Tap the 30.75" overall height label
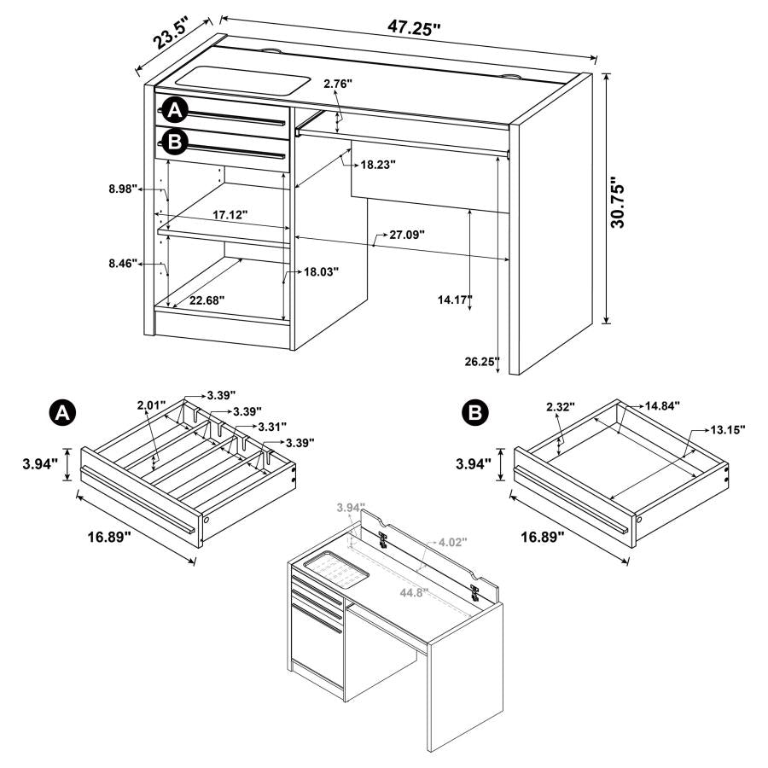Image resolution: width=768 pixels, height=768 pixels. click(620, 202)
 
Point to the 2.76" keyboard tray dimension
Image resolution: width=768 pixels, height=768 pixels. click(338, 84)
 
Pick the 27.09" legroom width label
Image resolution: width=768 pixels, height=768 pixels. click(399, 233)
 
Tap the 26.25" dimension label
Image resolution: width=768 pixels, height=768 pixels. click(482, 361)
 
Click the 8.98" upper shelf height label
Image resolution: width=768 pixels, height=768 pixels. click(123, 190)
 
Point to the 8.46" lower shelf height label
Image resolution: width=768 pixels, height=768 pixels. click(123, 265)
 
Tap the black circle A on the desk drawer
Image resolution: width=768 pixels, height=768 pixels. click(174, 110)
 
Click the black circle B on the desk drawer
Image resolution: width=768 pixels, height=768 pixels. click(174, 142)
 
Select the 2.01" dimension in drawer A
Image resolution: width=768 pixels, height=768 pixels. click(152, 406)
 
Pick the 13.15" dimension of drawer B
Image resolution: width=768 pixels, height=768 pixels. click(724, 429)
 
